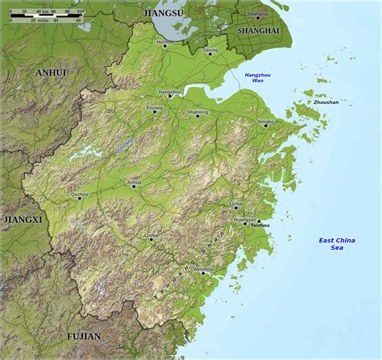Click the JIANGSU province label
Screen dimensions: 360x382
162,14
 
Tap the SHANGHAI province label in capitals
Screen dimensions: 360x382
258,31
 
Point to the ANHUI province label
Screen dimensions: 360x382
51,72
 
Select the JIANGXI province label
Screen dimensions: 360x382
22,218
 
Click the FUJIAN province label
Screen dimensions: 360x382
84,336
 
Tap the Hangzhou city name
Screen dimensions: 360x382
170,92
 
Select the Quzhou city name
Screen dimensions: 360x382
80,194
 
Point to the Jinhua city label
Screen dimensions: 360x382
134,182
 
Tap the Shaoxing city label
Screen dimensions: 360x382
197,112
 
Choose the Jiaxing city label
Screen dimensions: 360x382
210,49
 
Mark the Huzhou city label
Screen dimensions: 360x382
164,40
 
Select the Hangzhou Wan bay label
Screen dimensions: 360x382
254,77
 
